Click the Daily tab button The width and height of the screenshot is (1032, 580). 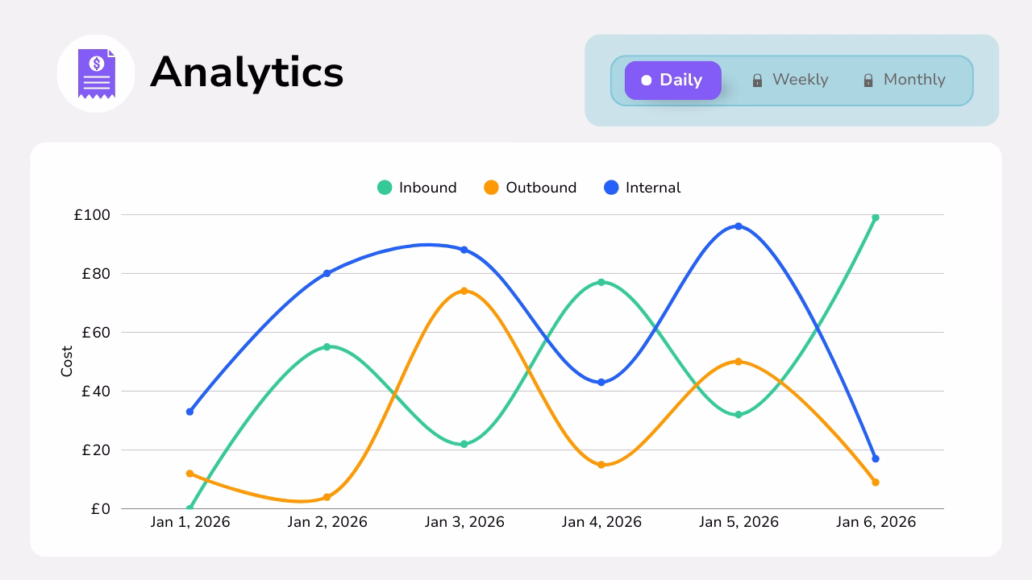672,81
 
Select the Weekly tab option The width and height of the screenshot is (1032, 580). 790,80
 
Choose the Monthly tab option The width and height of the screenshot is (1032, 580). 904,80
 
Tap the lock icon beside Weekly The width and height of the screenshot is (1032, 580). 757,81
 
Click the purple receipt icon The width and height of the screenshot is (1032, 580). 96,73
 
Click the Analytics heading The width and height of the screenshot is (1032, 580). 247,72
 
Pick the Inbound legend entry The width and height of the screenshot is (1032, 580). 417,188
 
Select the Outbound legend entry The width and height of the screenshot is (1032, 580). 531,188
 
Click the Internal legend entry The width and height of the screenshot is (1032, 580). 643,188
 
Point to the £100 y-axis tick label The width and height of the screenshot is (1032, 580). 92,215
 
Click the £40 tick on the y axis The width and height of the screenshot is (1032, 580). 96,391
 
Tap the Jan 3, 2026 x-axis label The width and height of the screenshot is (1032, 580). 464,522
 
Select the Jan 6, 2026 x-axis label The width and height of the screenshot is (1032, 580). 876,522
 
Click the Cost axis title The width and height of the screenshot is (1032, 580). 67,362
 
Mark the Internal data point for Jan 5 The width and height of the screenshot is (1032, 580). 739,226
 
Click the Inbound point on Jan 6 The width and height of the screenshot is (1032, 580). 876,217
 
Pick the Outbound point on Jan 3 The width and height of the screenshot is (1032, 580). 464,291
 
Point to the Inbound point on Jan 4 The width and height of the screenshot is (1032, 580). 601,282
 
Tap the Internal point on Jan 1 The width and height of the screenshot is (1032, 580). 190,412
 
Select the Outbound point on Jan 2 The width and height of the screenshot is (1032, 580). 327,497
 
